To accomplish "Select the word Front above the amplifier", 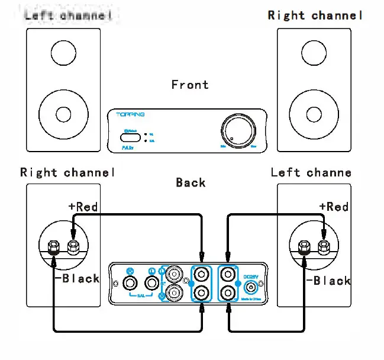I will click(x=190, y=85).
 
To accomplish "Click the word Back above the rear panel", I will click(x=190, y=182).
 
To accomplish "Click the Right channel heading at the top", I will click(x=315, y=15).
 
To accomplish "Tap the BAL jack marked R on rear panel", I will click(x=131, y=283).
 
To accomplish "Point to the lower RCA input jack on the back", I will click(x=175, y=292).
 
